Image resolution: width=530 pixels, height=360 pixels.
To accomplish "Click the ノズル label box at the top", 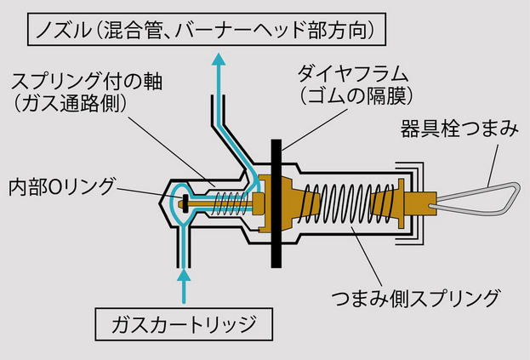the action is click(x=207, y=30).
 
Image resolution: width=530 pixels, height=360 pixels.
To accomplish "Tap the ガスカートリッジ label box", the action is click(x=184, y=324).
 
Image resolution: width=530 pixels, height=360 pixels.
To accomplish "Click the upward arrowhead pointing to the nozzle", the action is click(x=219, y=60).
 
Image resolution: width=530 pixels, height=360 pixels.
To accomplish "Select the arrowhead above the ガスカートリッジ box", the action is click(x=184, y=275).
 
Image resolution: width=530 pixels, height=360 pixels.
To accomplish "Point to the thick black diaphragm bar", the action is click(x=276, y=203).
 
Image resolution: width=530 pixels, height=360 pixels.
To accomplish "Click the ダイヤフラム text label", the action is click(x=352, y=74).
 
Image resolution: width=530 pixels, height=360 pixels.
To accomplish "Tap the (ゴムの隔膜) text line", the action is click(x=356, y=96).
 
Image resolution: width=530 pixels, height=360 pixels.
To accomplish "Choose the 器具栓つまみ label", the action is click(x=459, y=129).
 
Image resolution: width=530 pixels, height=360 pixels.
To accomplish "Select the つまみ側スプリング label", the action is click(x=415, y=298).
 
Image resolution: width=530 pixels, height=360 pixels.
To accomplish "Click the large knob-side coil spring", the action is click(x=348, y=204).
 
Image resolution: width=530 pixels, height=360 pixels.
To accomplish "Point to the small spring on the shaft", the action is click(x=230, y=203).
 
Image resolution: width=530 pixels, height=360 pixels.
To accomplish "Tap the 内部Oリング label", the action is click(x=62, y=187).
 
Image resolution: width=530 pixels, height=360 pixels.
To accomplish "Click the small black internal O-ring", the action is click(x=185, y=203).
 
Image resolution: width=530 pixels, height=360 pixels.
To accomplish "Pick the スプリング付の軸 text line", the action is click(x=87, y=82).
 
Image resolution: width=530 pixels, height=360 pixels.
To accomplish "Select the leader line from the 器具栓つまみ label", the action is click(x=493, y=165).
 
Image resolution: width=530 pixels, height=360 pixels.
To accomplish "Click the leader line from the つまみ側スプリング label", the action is click(x=367, y=256).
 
